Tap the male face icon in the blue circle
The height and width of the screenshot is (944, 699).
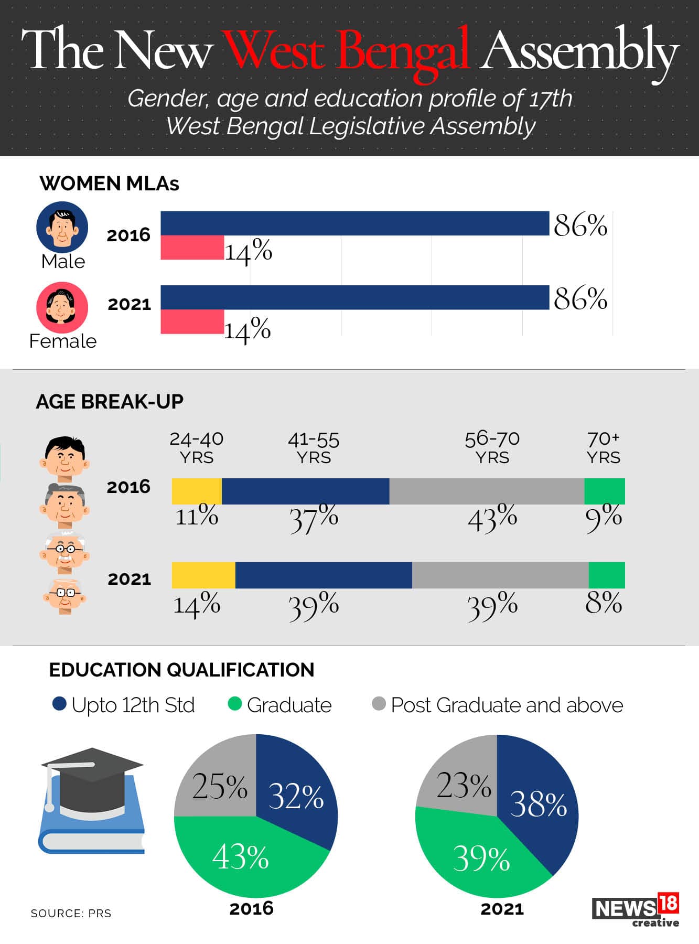tap(62, 227)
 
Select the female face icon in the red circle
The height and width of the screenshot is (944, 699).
tap(62, 307)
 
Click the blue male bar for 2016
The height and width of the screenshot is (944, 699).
tap(354, 223)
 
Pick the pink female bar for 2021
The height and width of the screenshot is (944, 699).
tap(192, 321)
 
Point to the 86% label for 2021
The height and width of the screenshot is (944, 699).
tap(580, 299)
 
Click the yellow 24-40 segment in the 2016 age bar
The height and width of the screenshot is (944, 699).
tap(197, 491)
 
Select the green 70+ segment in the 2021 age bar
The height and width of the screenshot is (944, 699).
tap(607, 575)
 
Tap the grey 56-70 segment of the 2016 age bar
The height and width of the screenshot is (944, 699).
tap(487, 491)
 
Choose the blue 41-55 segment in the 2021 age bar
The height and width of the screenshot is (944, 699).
tap(324, 575)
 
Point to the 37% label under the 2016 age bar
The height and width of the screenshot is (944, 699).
tap(314, 518)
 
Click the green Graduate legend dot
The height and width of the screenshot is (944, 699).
tap(234, 704)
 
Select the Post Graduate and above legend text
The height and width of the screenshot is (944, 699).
tap(507, 705)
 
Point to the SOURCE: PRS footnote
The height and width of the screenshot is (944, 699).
tap(71, 914)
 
